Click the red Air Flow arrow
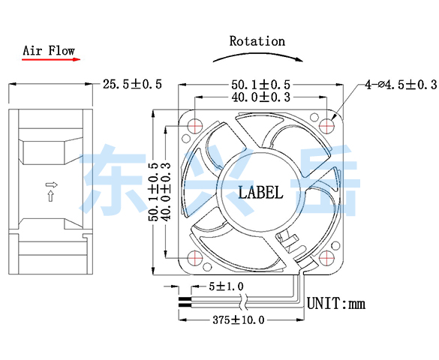(x=51, y=59)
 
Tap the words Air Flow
(x=49, y=51)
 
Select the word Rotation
(x=257, y=41)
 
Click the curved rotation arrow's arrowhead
(x=299, y=59)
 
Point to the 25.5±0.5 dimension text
(x=132, y=84)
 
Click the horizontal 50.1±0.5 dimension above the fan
(x=260, y=85)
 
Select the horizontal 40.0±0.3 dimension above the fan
(x=260, y=97)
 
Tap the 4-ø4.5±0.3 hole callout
(x=401, y=85)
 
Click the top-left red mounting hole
(x=195, y=125)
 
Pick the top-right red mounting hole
(x=326, y=125)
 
